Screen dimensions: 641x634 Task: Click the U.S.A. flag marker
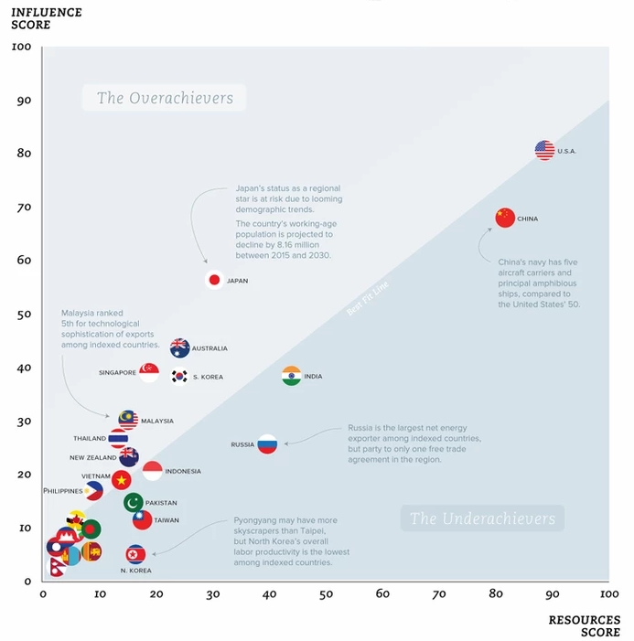pos(544,151)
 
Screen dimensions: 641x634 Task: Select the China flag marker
pos(505,218)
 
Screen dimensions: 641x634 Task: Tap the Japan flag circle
pos(214,281)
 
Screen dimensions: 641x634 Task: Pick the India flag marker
pos(291,376)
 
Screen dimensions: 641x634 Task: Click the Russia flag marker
pos(267,445)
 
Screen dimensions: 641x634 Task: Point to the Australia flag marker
pos(180,348)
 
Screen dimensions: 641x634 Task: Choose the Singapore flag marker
pos(149,372)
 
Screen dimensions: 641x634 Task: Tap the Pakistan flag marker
pos(134,503)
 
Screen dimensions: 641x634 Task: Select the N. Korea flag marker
pos(135,554)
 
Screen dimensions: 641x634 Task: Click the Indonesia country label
pos(183,472)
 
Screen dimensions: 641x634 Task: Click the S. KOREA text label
pos(208,377)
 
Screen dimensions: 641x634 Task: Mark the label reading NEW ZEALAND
pos(93,458)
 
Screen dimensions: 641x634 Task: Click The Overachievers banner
pos(165,99)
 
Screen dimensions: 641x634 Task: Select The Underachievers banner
pos(481,519)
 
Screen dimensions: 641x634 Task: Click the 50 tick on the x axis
pos(326,594)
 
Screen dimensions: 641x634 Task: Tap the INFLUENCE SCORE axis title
pos(45,18)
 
